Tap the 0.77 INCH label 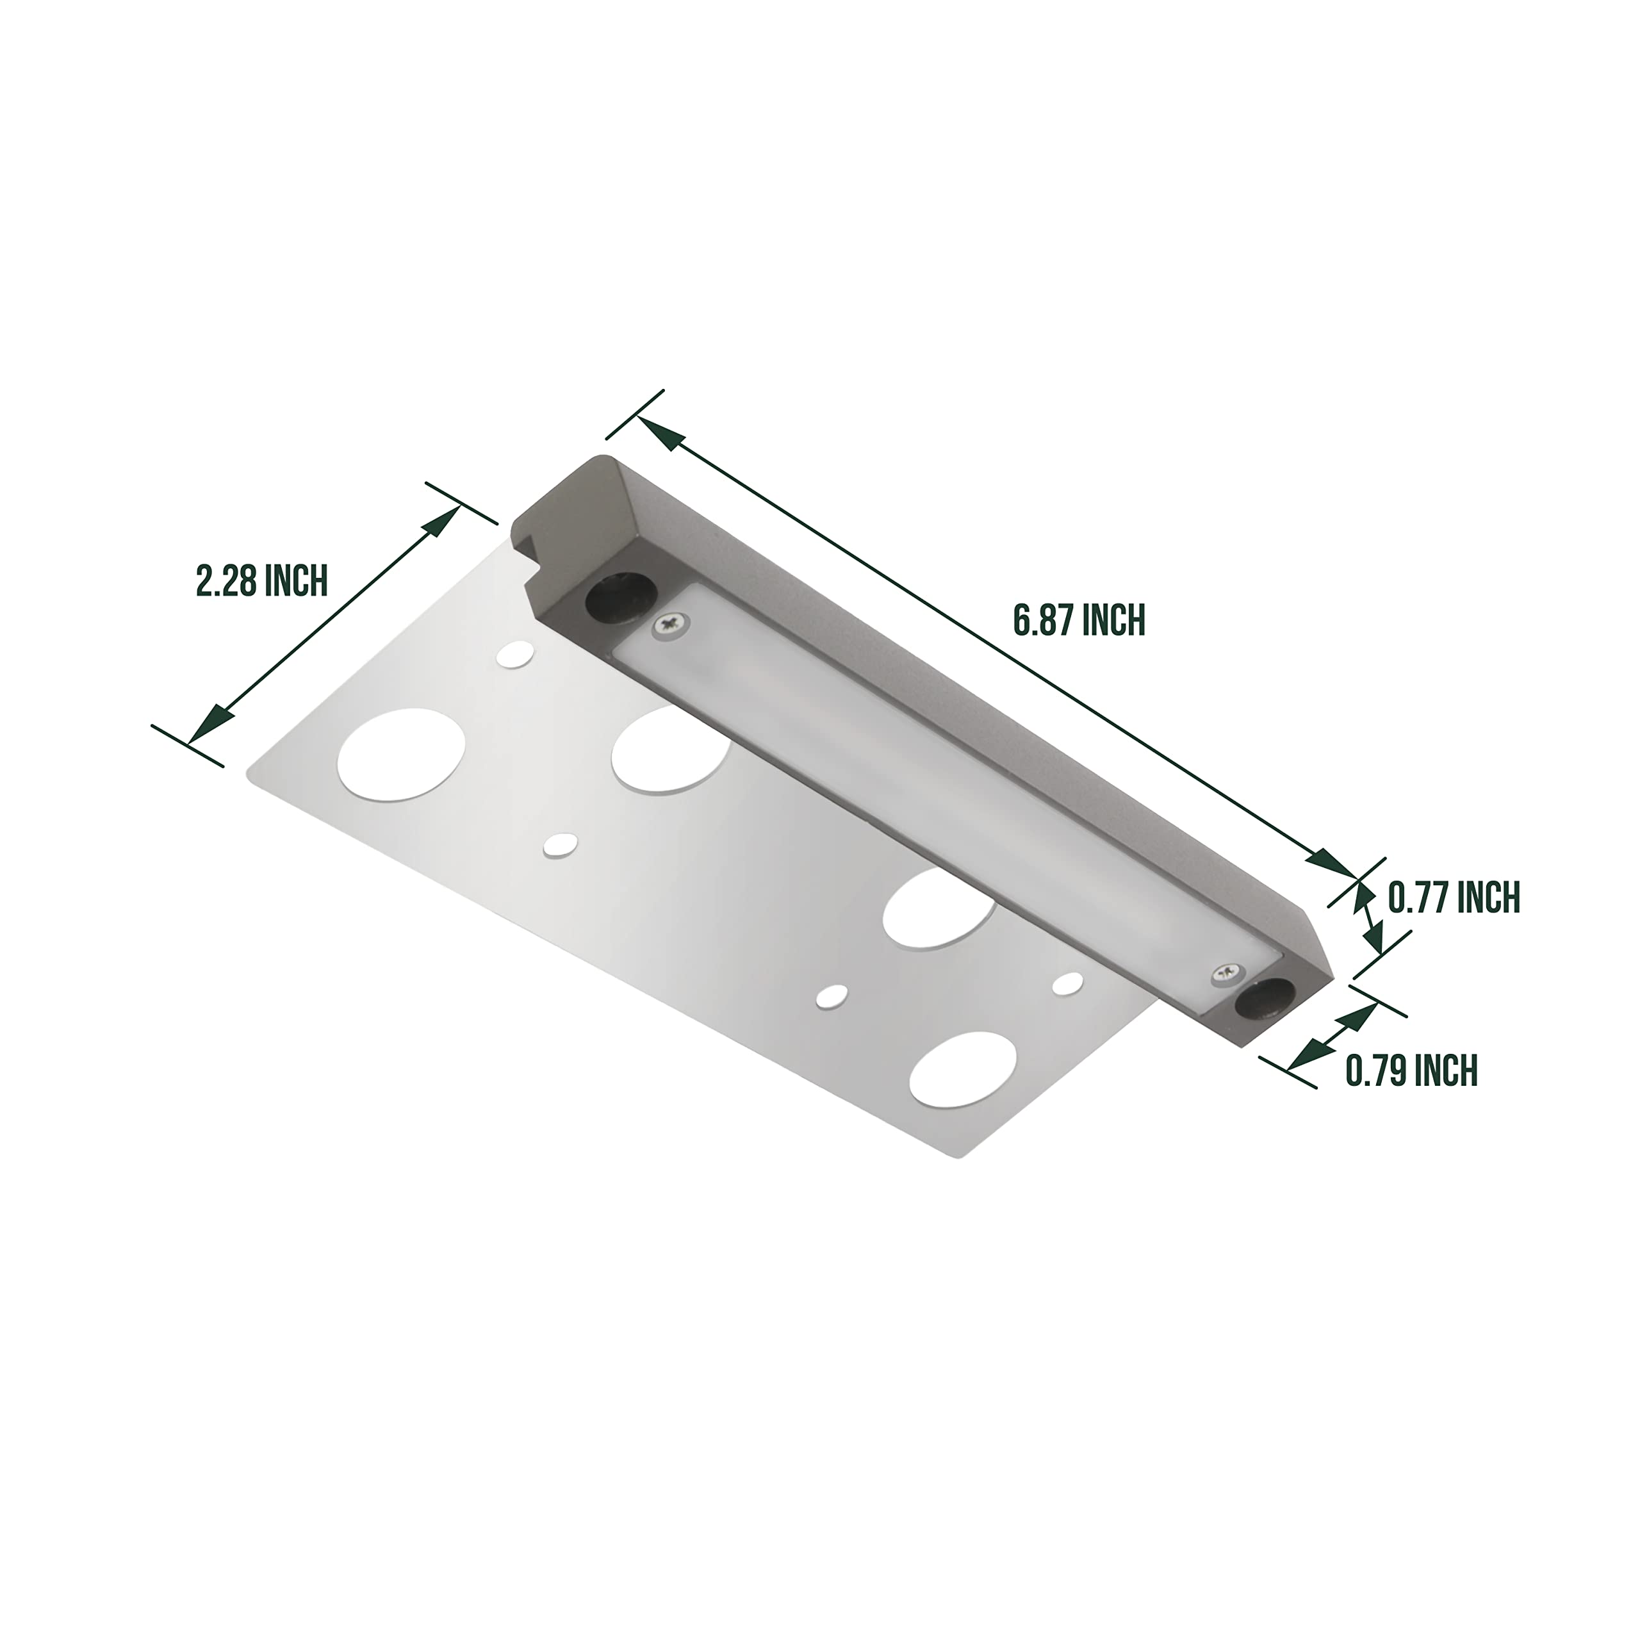click(x=1453, y=898)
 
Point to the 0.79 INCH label click(x=1411, y=1070)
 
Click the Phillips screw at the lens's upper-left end click(x=671, y=626)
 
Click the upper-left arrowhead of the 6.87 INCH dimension click(x=663, y=437)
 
